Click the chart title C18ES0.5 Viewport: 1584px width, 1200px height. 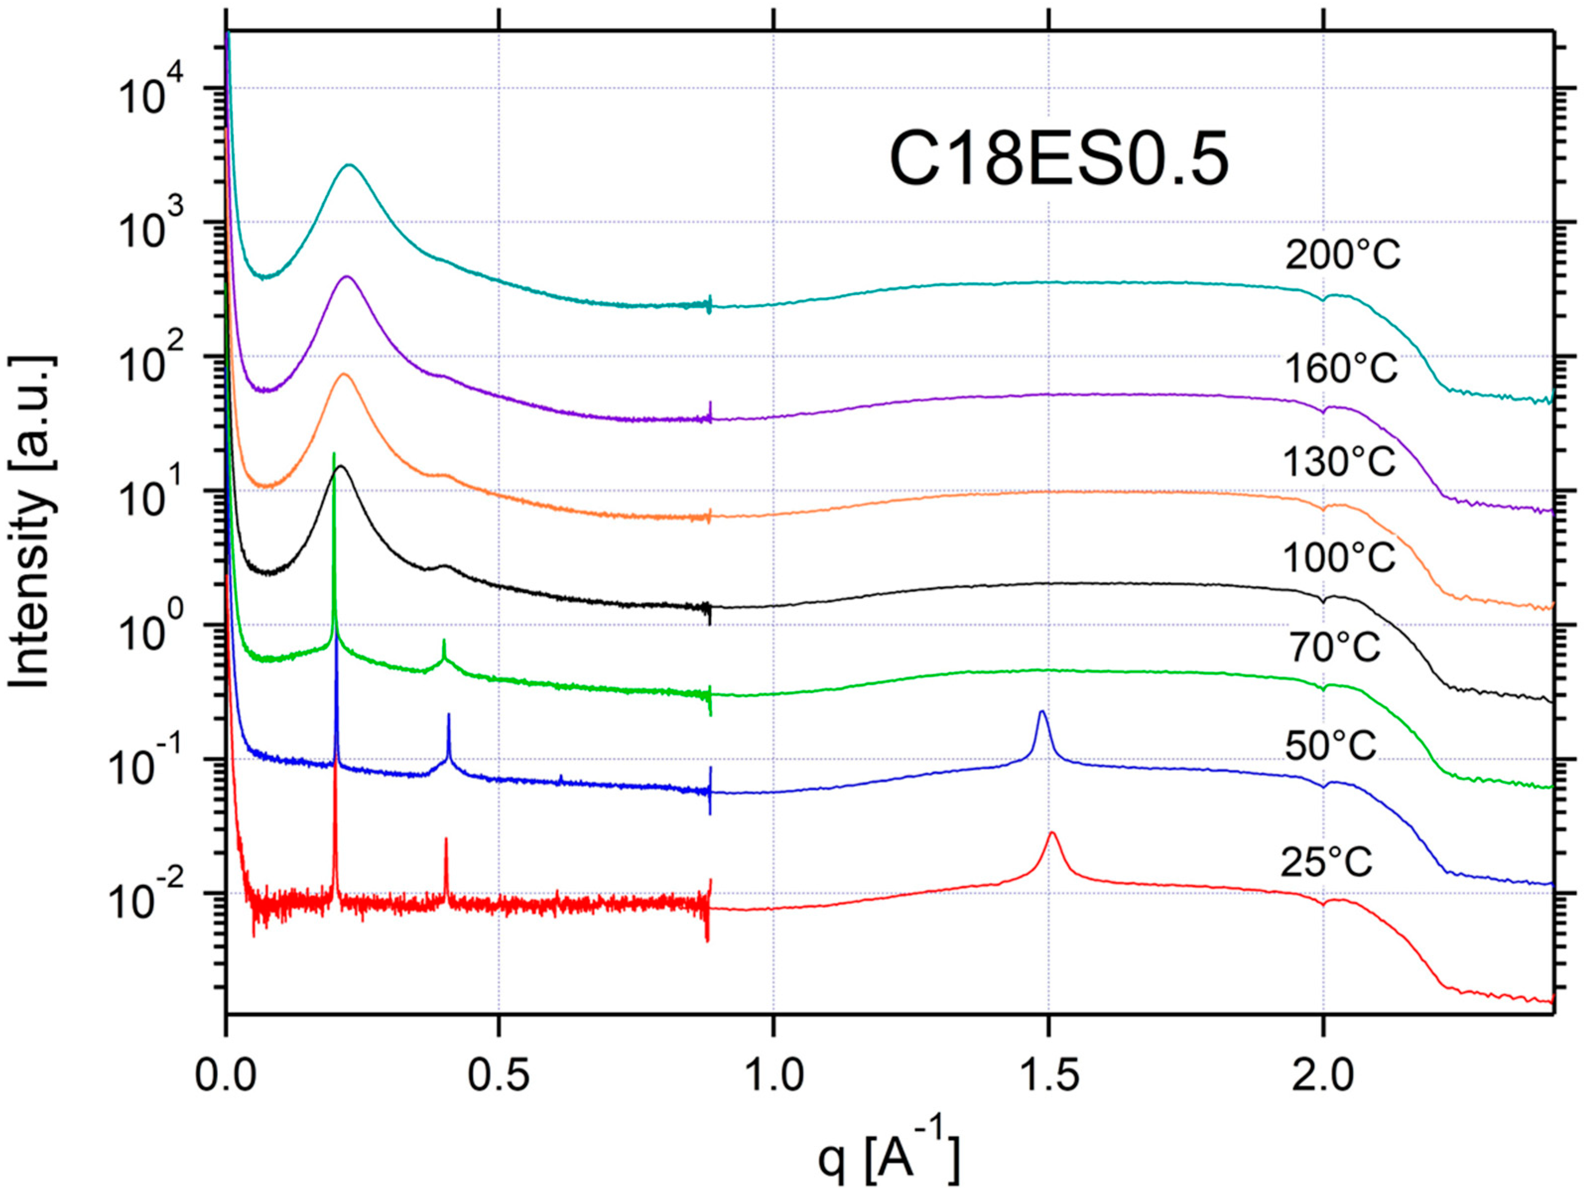pyautogui.click(x=1058, y=161)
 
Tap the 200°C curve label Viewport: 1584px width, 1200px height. pyautogui.click(x=1342, y=255)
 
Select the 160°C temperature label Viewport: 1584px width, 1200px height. pyautogui.click(x=1340, y=370)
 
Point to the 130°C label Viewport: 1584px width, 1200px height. pyautogui.click(x=1338, y=462)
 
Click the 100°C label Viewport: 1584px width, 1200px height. pyautogui.click(x=1338, y=557)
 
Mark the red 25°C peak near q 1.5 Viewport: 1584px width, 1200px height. pyautogui.click(x=1052, y=833)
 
